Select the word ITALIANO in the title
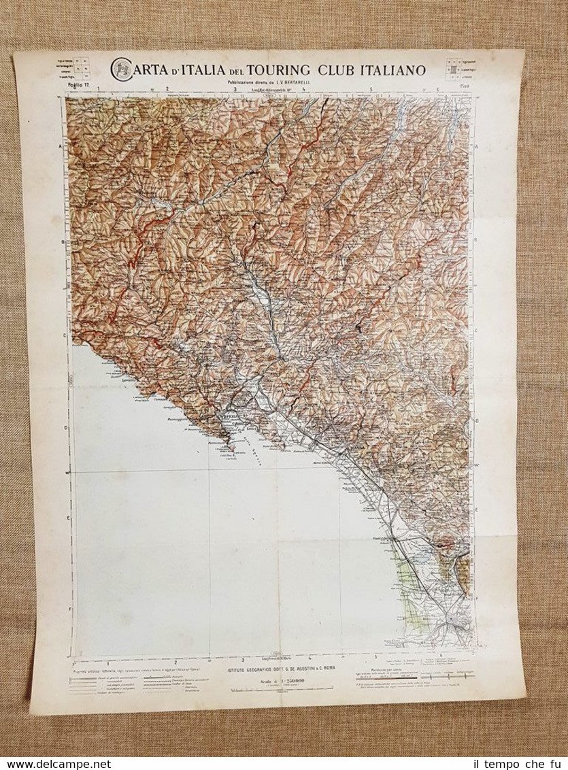click(389, 69)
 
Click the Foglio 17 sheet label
click(79, 85)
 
